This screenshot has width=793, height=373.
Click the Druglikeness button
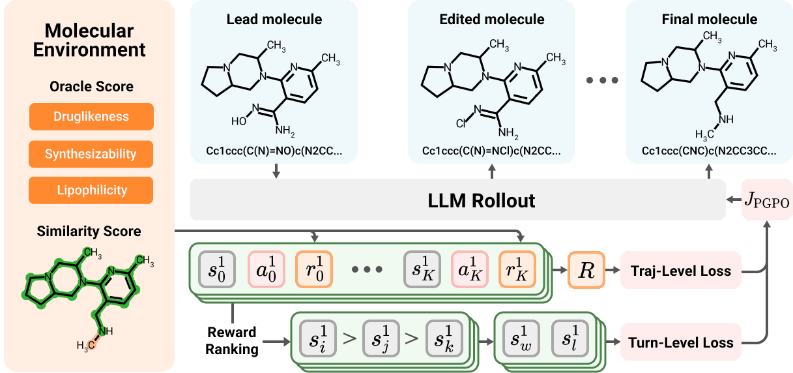(91, 117)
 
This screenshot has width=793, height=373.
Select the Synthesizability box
(91, 155)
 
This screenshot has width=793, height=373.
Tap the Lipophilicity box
(91, 190)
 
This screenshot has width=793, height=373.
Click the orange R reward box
(586, 270)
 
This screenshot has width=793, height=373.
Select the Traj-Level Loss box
(680, 270)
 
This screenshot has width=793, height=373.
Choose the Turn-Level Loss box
(680, 342)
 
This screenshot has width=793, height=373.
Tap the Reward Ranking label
(232, 341)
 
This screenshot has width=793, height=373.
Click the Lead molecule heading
(274, 19)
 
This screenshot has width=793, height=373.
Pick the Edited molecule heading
(491, 19)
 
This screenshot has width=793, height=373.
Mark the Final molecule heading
(709, 19)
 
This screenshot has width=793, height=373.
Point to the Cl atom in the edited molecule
(460, 121)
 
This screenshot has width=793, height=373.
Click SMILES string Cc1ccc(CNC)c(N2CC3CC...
(708, 151)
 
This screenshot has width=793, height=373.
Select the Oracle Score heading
(91, 87)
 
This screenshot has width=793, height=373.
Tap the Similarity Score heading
(89, 231)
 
